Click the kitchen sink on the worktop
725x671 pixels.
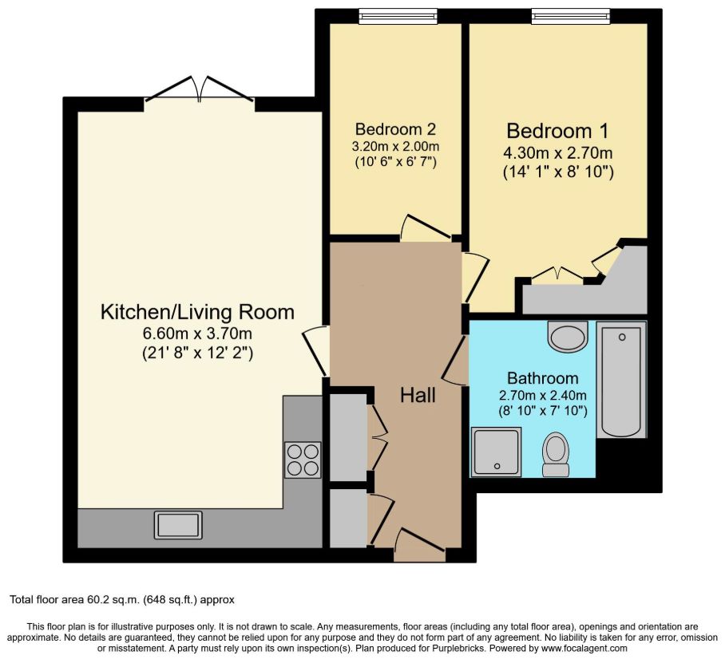tap(178, 524)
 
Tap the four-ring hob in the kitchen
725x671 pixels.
tap(303, 460)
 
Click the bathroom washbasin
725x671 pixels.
tap(568, 335)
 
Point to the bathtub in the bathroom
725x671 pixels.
tap(621, 380)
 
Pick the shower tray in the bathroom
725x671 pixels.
tap(496, 452)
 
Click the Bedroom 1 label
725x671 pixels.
tap(557, 131)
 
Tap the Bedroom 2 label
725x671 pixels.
tap(395, 128)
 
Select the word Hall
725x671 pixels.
tap(418, 396)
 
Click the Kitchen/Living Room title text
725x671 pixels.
tap(197, 312)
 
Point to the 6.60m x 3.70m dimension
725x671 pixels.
tap(197, 334)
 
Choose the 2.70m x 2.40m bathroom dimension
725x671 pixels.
tap(543, 396)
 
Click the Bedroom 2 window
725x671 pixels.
tap(398, 17)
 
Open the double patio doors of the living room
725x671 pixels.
tap(200, 89)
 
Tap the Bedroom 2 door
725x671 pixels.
tap(426, 227)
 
